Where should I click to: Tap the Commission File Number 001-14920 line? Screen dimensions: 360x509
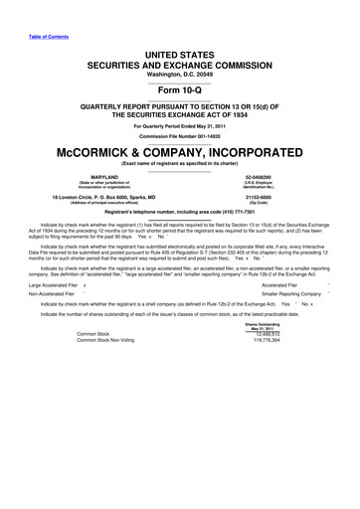click(180, 136)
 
